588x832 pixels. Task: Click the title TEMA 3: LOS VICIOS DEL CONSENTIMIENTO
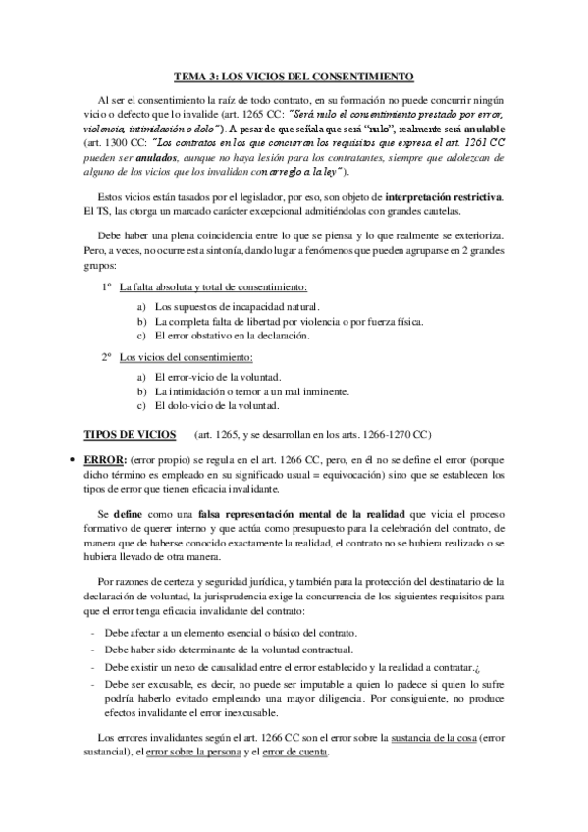[294, 75]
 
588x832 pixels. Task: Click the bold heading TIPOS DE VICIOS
[131, 433]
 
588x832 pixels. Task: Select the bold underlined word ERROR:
[107, 459]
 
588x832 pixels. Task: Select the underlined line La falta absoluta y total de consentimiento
[213, 287]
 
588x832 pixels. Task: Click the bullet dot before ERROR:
[64, 459]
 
